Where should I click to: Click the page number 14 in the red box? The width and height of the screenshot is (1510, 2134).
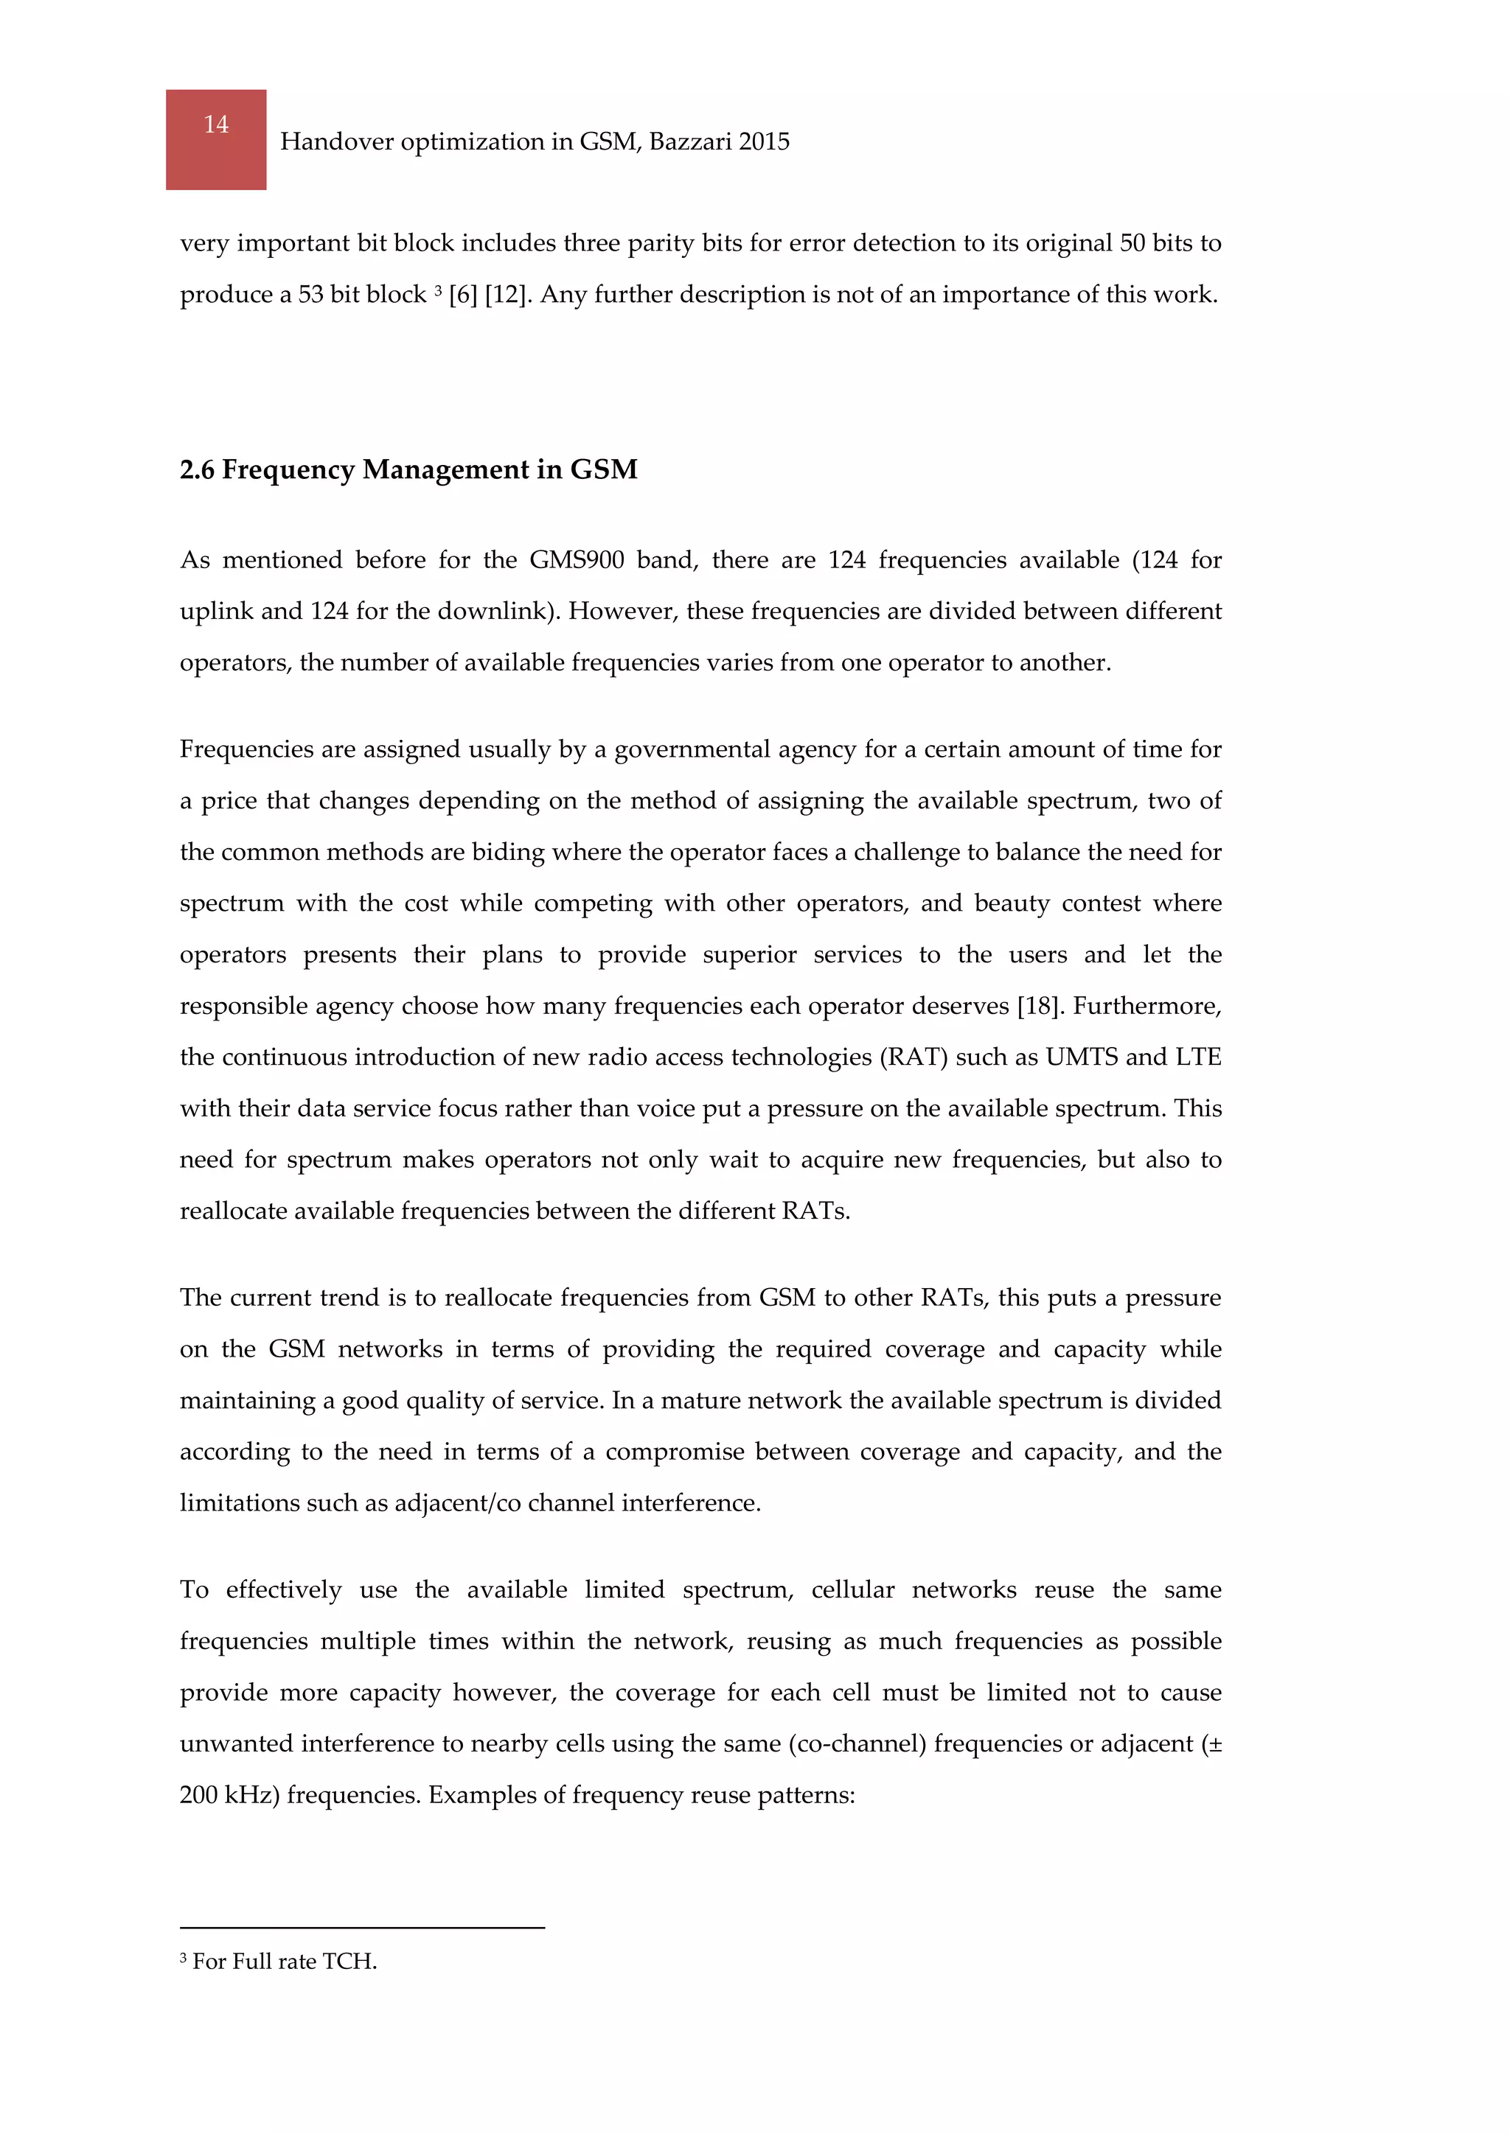(216, 125)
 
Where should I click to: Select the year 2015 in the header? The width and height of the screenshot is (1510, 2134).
(765, 141)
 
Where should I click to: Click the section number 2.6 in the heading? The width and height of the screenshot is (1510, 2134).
(196, 470)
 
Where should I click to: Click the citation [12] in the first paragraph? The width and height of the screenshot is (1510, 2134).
(506, 295)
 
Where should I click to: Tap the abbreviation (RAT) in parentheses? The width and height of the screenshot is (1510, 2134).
(913, 1057)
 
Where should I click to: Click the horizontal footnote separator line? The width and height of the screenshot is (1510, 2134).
(362, 1928)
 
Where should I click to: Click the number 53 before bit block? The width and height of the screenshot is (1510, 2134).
(310, 295)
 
